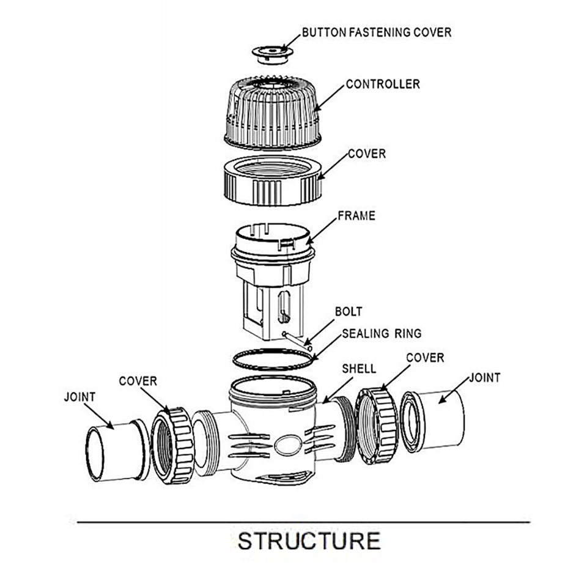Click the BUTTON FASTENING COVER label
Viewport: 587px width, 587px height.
tap(377, 32)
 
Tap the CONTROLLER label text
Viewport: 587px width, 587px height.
tap(383, 84)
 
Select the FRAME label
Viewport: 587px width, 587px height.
tap(356, 216)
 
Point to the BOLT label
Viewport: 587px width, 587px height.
tap(349, 311)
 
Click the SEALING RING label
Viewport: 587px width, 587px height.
tap(382, 333)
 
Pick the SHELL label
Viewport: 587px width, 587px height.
tap(359, 369)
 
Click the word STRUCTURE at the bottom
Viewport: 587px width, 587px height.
tap(309, 541)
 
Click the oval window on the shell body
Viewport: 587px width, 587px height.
tap(288, 445)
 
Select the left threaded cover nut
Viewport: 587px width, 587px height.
tap(173, 446)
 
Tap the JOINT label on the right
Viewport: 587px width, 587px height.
tap(485, 377)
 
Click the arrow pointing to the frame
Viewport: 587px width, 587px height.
tap(322, 231)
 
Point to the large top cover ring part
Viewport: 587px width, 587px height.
tap(273, 180)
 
